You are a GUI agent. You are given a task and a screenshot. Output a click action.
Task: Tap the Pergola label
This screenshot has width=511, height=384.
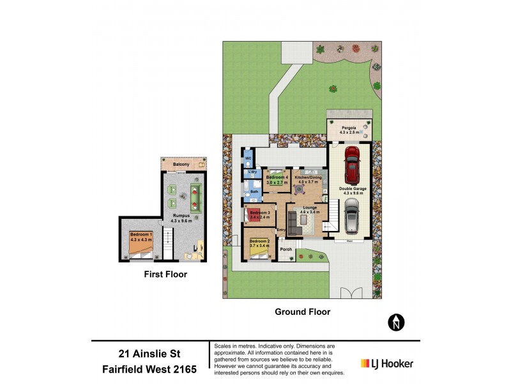click(347, 129)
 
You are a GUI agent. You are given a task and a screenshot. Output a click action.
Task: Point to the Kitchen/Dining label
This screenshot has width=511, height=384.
click(306, 179)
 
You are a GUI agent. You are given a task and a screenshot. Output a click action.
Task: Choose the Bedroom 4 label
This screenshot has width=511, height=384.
click(277, 179)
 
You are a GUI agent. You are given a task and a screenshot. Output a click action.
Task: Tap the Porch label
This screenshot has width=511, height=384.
click(286, 249)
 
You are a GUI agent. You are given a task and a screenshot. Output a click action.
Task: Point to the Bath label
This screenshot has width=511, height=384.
click(254, 191)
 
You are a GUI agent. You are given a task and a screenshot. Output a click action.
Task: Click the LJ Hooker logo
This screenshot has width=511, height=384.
click(387, 364)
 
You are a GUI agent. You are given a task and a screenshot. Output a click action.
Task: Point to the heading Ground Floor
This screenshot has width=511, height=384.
click(302, 312)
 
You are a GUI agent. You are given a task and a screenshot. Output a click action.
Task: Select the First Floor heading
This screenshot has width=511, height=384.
click(165, 274)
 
